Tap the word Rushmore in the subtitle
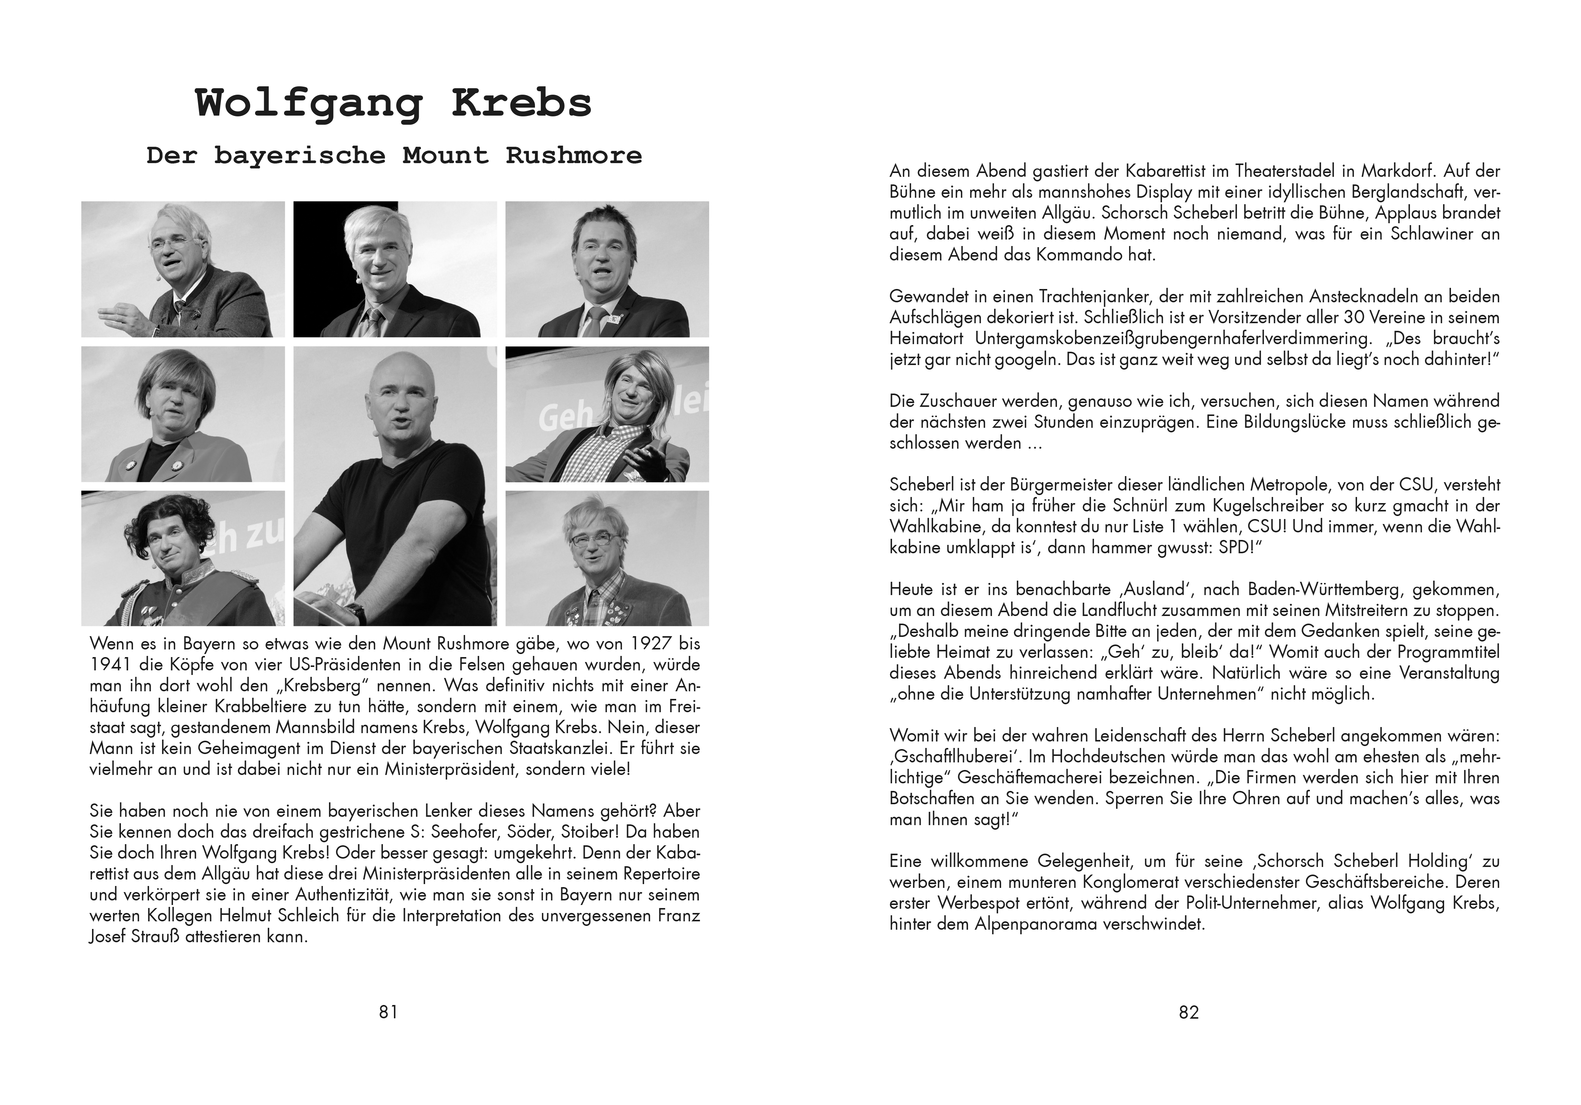(x=574, y=156)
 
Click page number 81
(x=388, y=1012)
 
